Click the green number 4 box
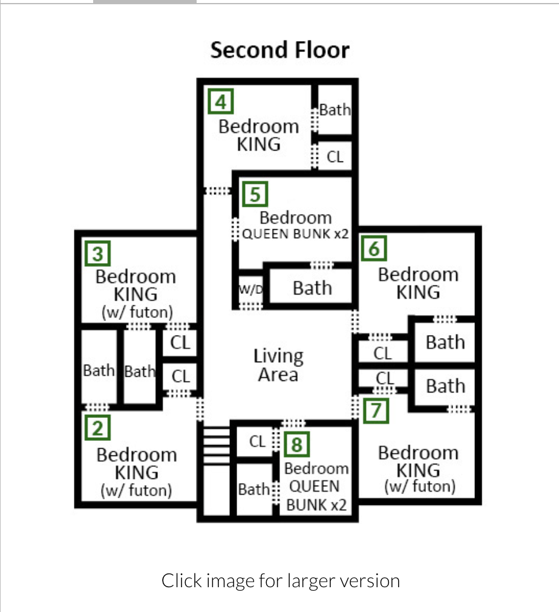[x=221, y=102]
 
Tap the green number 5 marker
[x=255, y=194]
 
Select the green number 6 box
[x=374, y=248]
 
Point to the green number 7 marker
[x=376, y=411]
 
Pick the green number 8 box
[x=296, y=444]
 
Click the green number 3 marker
[x=97, y=254]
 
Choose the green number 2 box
[x=97, y=428]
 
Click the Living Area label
[x=278, y=365]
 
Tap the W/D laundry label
[x=251, y=289]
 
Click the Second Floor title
[x=280, y=50]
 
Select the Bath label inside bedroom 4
[x=335, y=109]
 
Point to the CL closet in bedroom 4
[x=335, y=157]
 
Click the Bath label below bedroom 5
[x=312, y=288]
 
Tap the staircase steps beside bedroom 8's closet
[x=217, y=446]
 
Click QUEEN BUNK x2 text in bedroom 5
[x=295, y=234]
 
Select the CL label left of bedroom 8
[x=257, y=441]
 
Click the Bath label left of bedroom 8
[x=253, y=489]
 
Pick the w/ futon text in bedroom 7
[x=420, y=487]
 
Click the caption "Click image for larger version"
[x=281, y=581]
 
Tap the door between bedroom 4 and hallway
[x=218, y=191]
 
